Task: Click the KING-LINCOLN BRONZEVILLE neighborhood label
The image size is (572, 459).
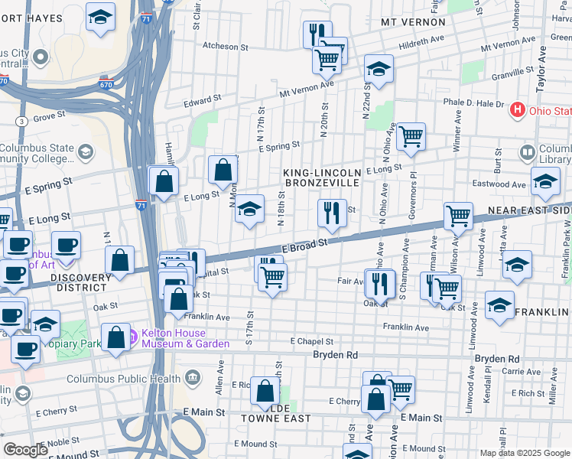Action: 322,178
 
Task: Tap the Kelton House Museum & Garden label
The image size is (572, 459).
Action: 179,338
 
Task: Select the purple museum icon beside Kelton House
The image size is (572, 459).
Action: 134,334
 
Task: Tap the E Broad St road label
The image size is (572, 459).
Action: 308,245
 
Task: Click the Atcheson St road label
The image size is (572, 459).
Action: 226,46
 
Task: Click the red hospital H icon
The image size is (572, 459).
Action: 518,110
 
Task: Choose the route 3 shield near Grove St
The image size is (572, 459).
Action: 21,121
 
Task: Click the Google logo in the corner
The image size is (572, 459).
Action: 24,449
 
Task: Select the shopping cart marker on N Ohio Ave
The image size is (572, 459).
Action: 411,137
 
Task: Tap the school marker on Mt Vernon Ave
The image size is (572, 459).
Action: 379,69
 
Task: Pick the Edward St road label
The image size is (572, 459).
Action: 203,99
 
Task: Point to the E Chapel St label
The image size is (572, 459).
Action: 312,341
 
